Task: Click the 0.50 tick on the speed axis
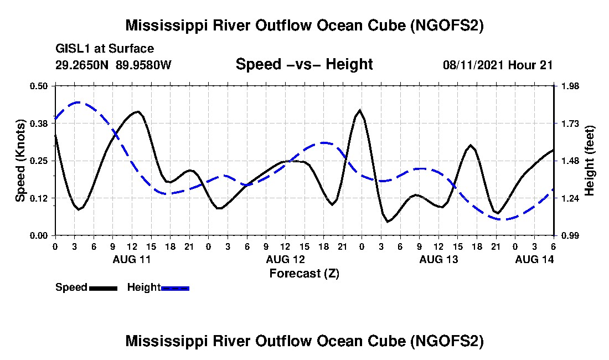pyautogui.click(x=40, y=86)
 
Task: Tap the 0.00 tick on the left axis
pyautogui.click(x=40, y=235)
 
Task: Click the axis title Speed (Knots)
pyautogui.click(x=20, y=161)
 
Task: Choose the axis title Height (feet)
pyautogui.click(x=590, y=161)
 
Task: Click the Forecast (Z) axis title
pyautogui.click(x=304, y=274)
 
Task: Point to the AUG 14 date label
pyautogui.click(x=534, y=259)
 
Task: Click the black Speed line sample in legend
pyautogui.click(x=103, y=288)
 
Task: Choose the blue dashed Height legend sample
pyautogui.click(x=176, y=288)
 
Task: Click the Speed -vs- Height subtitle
pyautogui.click(x=304, y=64)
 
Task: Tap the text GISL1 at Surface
pyautogui.click(x=105, y=49)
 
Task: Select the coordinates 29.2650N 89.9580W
pyautogui.click(x=113, y=65)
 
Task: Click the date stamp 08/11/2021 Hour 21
pyautogui.click(x=498, y=65)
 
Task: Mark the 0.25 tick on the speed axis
pyautogui.click(x=40, y=161)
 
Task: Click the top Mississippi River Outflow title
pyautogui.click(x=304, y=25)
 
